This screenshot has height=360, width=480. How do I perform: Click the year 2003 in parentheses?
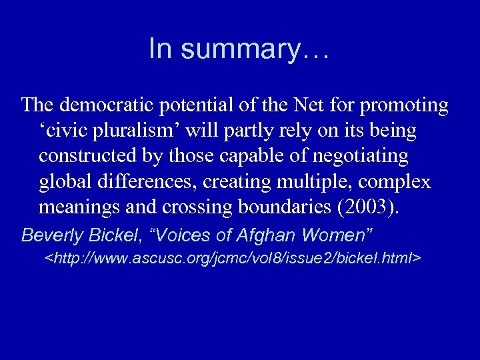pos(367,207)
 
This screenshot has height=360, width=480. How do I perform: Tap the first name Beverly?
pos(49,235)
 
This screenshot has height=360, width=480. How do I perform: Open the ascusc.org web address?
pos(232,257)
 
